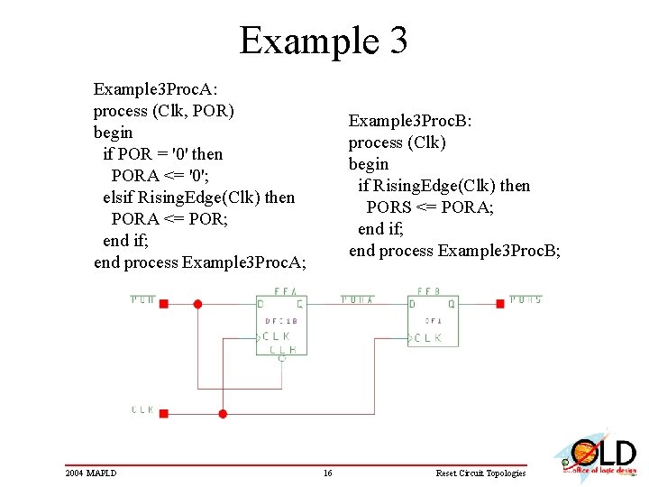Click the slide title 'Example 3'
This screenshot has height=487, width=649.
click(x=324, y=41)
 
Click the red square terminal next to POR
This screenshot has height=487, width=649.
click(x=163, y=304)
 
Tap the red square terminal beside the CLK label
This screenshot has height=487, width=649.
click(x=163, y=414)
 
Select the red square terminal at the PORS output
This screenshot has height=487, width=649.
click(x=499, y=304)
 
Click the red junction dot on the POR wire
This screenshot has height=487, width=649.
click(x=198, y=304)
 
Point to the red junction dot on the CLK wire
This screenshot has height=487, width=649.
click(x=223, y=414)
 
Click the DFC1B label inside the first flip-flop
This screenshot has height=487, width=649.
click(x=281, y=321)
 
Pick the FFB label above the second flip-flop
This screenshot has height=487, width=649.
click(x=428, y=292)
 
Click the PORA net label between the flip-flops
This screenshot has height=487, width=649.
click(x=357, y=299)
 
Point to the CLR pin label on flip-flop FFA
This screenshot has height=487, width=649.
click(x=282, y=348)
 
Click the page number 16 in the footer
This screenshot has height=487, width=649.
click(x=328, y=473)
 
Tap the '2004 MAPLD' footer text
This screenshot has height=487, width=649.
click(x=90, y=473)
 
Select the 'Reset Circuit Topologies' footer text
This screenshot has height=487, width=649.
click(x=480, y=473)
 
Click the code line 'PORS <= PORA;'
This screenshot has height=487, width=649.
click(x=430, y=207)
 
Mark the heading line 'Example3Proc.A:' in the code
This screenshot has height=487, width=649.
click(x=155, y=89)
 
